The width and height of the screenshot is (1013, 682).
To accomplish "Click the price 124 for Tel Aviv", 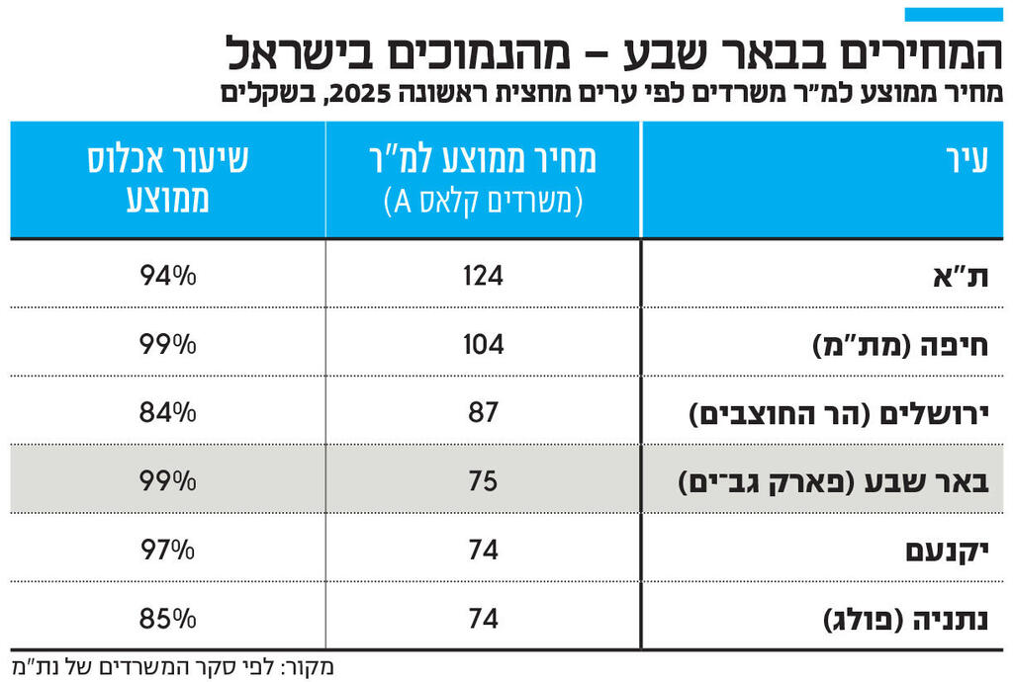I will click(483, 275).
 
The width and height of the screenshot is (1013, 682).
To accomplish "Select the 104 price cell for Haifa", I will click(483, 344).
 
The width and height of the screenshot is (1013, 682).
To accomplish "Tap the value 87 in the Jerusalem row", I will click(483, 412).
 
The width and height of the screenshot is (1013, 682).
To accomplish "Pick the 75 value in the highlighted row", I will click(483, 481).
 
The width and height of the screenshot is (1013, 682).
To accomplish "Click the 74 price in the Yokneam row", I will click(483, 550).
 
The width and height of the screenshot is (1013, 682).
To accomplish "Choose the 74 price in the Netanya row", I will click(483, 619).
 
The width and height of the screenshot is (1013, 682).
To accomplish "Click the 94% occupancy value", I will click(168, 275).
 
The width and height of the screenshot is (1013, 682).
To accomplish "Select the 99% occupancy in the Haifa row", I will click(168, 344).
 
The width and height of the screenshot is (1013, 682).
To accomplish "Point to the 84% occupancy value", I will click(168, 412).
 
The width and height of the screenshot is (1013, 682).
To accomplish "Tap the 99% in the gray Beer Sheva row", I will click(168, 481).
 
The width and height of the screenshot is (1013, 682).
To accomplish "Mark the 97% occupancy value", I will click(168, 550).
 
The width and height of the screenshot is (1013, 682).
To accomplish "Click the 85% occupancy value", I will click(168, 619).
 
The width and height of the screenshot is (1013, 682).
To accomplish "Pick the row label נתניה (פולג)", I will click(906, 620).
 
